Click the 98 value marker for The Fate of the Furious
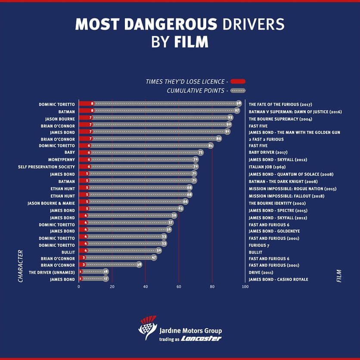tap(239, 104)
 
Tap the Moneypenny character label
tap(62, 160)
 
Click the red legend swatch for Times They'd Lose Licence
tap(238, 81)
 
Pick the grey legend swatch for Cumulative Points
tap(238, 90)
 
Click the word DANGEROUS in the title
tap(171, 24)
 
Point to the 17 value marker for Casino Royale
tap(106, 279)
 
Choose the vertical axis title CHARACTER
tap(20, 266)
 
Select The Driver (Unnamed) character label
tap(52, 272)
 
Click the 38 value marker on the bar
tap(139, 265)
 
